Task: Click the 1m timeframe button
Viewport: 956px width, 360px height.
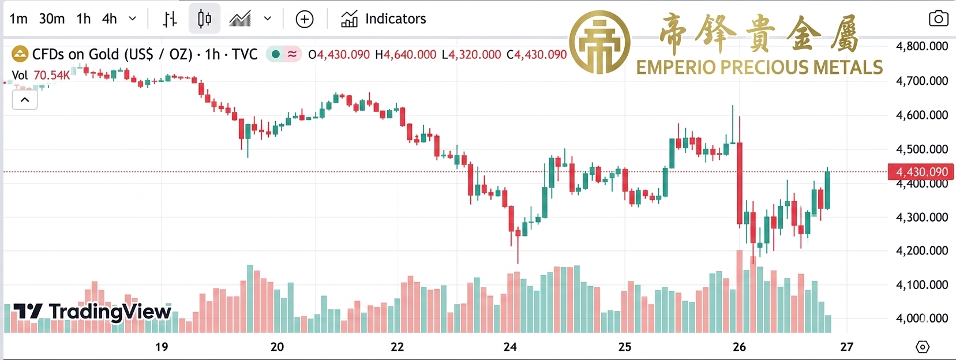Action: click(x=18, y=19)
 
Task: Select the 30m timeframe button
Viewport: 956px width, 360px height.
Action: click(x=51, y=19)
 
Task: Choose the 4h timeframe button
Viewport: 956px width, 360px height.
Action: click(x=109, y=19)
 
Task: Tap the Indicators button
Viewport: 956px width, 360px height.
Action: click(x=383, y=19)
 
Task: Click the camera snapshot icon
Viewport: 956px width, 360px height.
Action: click(x=938, y=19)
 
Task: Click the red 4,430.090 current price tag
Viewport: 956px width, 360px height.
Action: click(x=921, y=172)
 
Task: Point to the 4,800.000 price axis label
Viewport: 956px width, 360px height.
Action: click(x=921, y=46)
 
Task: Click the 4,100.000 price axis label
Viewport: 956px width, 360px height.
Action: click(x=921, y=284)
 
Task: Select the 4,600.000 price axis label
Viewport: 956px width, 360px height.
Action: click(x=921, y=115)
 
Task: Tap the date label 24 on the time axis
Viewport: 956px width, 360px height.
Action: click(x=510, y=347)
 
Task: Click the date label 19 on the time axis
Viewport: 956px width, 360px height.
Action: click(x=162, y=347)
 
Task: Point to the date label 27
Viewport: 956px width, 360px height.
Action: click(x=846, y=347)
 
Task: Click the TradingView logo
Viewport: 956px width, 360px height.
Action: click(x=92, y=312)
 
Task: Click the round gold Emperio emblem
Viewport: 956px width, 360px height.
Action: click(x=599, y=42)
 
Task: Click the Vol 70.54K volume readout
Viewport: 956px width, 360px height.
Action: click(x=40, y=75)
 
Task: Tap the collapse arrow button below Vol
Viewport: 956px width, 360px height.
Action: click(x=25, y=100)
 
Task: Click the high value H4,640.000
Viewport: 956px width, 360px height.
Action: click(x=406, y=55)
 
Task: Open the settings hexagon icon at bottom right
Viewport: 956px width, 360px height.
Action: click(x=923, y=347)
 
